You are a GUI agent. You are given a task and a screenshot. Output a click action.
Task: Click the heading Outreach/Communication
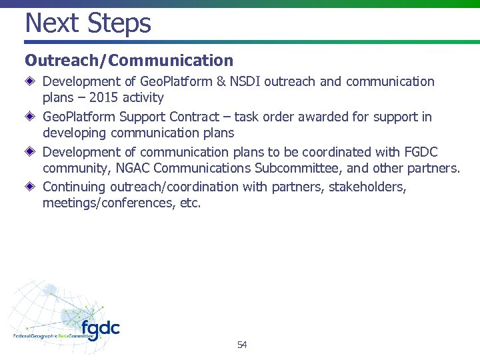pos(129,61)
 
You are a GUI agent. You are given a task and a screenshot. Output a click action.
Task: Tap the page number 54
pos(241,345)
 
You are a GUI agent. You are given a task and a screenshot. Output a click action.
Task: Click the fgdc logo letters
pos(100,329)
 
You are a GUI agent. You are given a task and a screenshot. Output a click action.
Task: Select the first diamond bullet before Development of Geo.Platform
pos(31,82)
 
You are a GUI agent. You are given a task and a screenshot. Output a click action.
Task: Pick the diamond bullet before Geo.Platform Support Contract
pos(31,117)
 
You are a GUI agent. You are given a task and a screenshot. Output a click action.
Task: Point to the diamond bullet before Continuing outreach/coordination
pos(31,187)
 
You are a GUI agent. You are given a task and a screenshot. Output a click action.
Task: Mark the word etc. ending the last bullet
pos(190,203)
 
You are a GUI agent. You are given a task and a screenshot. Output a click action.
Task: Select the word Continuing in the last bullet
pos(73,187)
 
